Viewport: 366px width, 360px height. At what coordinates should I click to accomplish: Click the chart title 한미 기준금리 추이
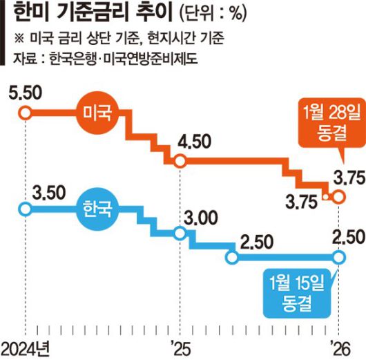[x=86, y=15]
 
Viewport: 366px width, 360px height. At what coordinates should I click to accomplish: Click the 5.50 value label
[x=24, y=91]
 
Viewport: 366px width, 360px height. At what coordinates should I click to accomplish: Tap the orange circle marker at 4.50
[x=180, y=162]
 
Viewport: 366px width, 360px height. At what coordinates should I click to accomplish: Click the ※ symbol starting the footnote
[x=17, y=38]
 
